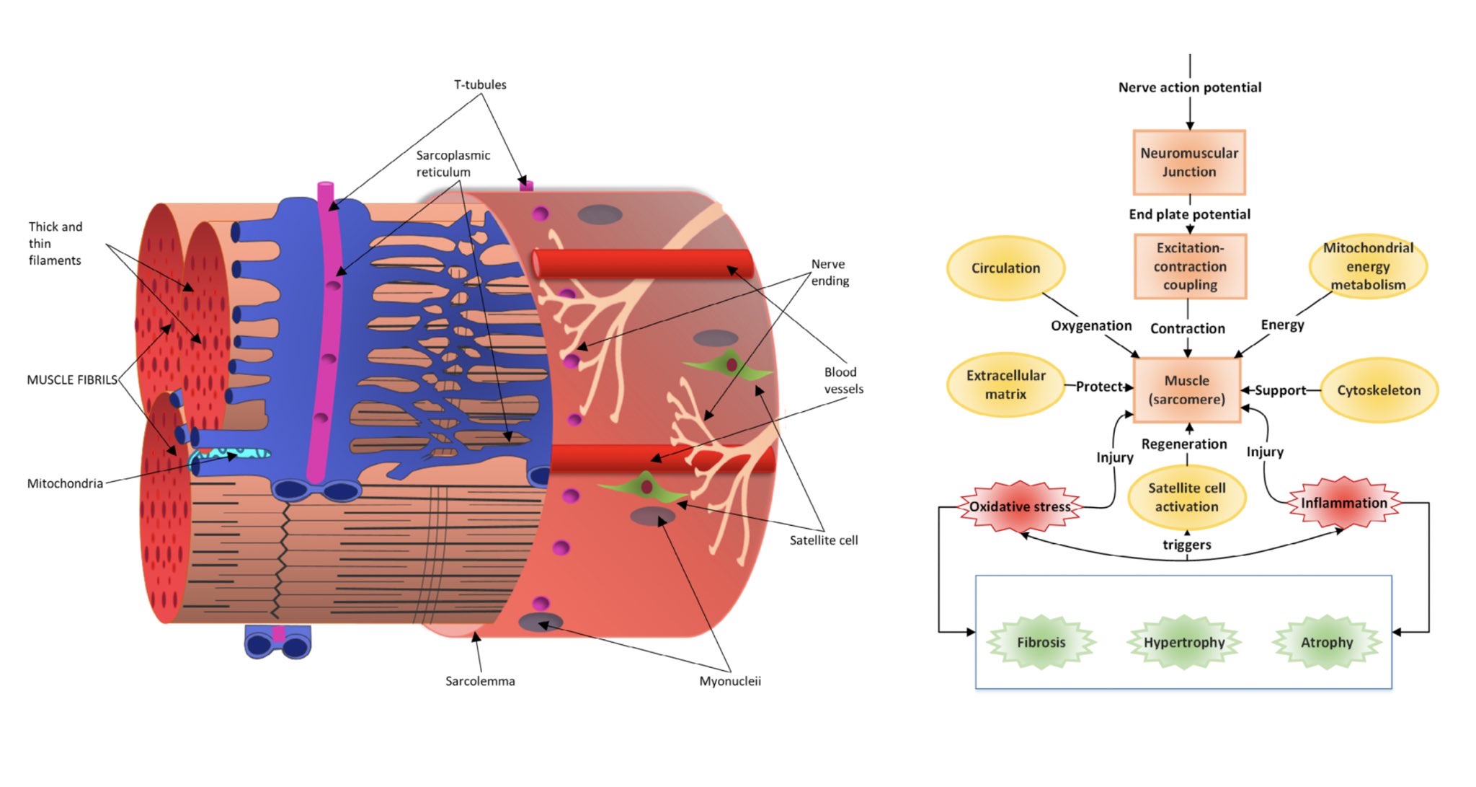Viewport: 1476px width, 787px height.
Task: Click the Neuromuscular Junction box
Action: tap(1188, 162)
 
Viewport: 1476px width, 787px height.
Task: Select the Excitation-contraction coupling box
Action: tap(1190, 266)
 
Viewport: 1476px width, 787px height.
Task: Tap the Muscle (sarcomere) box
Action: tap(1187, 390)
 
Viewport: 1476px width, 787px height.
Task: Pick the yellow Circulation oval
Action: tap(1005, 268)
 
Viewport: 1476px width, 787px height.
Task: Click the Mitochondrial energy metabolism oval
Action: tap(1368, 266)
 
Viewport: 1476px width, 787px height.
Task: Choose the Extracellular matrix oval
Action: tap(1005, 384)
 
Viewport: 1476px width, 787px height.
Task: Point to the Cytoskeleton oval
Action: tap(1379, 390)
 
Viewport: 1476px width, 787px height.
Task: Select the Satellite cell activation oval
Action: tap(1186, 497)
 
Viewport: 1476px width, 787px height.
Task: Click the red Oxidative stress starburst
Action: tap(1019, 506)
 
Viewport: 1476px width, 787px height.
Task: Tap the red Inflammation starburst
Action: tap(1343, 503)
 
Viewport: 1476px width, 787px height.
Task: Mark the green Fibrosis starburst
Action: tap(1041, 642)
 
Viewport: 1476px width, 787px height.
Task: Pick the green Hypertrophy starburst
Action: tap(1184, 642)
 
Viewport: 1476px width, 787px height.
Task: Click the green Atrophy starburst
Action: tap(1326, 642)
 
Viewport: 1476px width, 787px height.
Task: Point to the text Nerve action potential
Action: tap(1189, 87)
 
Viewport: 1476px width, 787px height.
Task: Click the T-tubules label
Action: tap(480, 84)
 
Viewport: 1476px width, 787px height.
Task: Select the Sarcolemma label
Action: tap(480, 681)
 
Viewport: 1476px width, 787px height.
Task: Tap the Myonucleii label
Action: tap(729, 681)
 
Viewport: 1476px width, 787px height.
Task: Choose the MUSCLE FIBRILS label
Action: tap(71, 379)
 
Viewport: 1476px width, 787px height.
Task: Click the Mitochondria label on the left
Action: tap(65, 483)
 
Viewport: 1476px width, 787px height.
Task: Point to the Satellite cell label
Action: tap(823, 540)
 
